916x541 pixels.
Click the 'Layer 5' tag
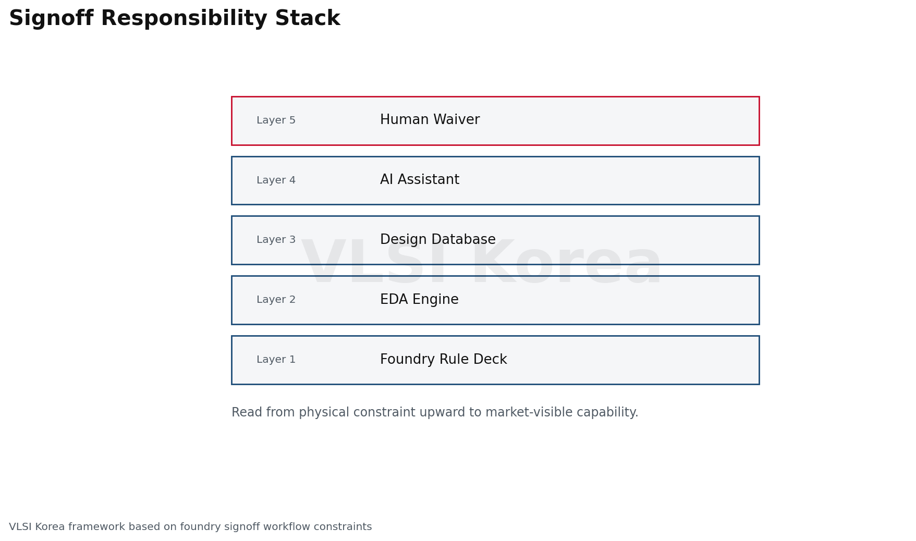(276, 120)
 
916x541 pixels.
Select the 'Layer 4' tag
(276, 180)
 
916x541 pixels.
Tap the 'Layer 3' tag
(276, 240)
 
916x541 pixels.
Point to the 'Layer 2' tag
(276, 300)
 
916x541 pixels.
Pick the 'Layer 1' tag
(276, 360)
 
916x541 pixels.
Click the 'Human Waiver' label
(430, 120)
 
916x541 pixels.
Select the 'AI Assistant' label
(420, 180)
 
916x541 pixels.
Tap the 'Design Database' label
(438, 240)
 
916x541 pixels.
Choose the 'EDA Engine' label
(419, 300)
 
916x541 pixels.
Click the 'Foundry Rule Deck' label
(444, 360)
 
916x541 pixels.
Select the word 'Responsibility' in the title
(184, 19)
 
